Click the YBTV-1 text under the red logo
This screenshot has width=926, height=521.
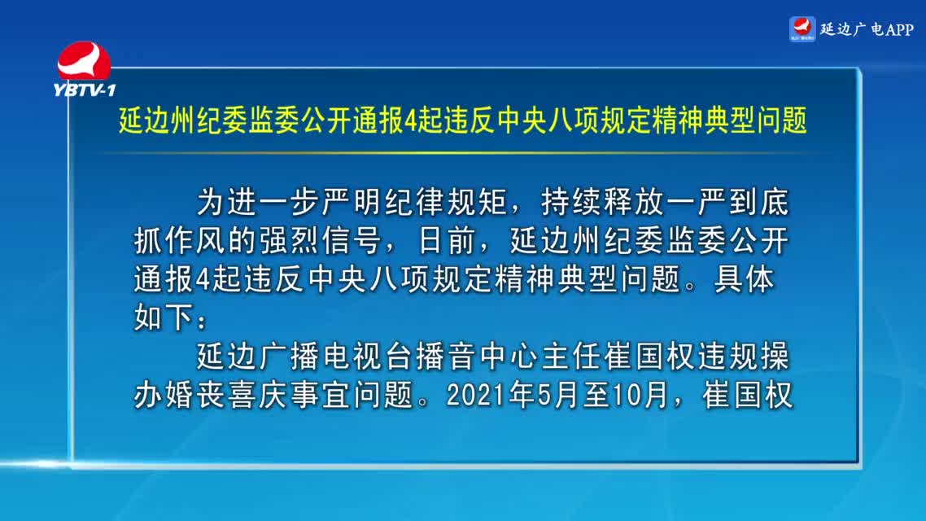pos(84,90)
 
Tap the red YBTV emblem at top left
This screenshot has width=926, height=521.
pos(84,60)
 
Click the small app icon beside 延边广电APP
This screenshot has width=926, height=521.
pos(802,29)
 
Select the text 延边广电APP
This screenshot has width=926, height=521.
pos(867,29)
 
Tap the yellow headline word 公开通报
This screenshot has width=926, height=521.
pos(352,120)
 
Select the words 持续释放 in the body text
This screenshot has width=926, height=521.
pos(603,202)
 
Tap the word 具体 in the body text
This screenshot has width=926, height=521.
pos(744,278)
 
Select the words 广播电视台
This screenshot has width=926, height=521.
pos(336,357)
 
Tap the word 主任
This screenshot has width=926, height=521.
pos(572,357)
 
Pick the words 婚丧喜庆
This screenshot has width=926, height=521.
pos(227,395)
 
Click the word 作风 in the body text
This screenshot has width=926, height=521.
pos(196,240)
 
